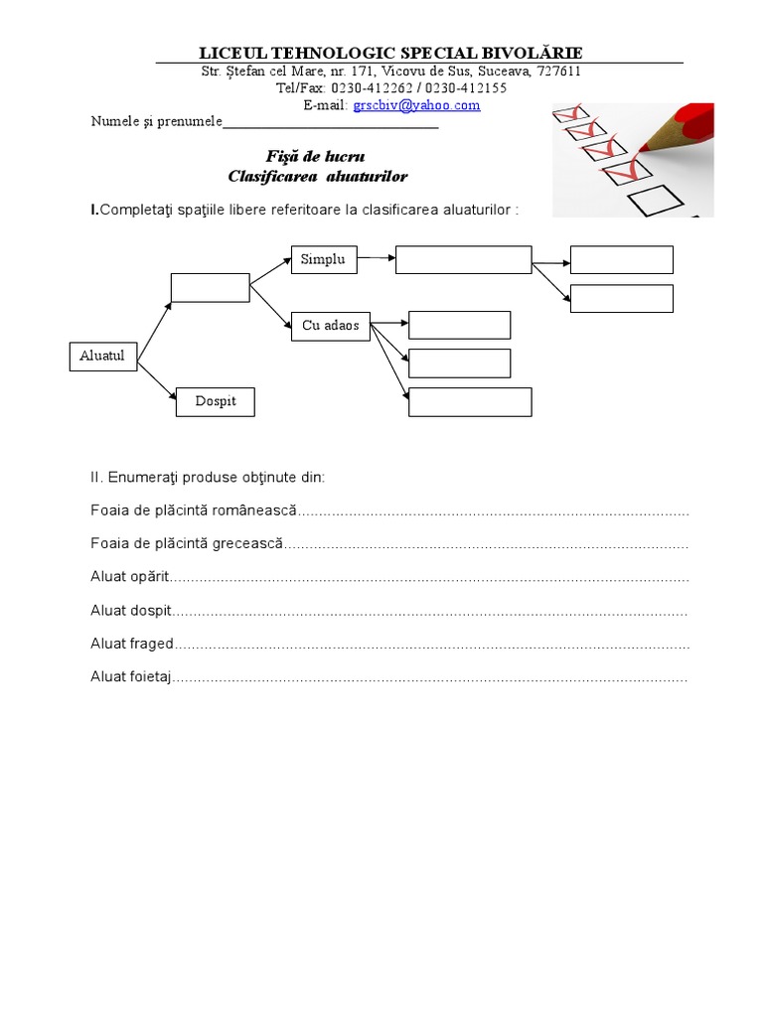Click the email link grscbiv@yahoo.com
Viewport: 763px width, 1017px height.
[416, 105]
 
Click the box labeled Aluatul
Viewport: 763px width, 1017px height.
[103, 356]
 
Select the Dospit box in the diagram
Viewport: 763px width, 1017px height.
[216, 401]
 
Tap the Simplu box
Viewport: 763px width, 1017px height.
[323, 259]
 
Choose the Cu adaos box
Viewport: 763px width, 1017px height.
[331, 326]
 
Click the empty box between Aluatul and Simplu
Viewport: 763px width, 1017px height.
[210, 287]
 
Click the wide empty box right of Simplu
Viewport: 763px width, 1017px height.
[463, 260]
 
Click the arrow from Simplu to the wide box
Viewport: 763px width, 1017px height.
[375, 259]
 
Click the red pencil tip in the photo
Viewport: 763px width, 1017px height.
[646, 145]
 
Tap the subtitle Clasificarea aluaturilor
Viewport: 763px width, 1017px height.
[318, 176]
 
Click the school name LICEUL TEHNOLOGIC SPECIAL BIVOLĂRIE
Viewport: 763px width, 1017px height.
[391, 53]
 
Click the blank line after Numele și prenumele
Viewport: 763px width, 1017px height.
[331, 124]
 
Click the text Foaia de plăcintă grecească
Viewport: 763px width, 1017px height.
[187, 544]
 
